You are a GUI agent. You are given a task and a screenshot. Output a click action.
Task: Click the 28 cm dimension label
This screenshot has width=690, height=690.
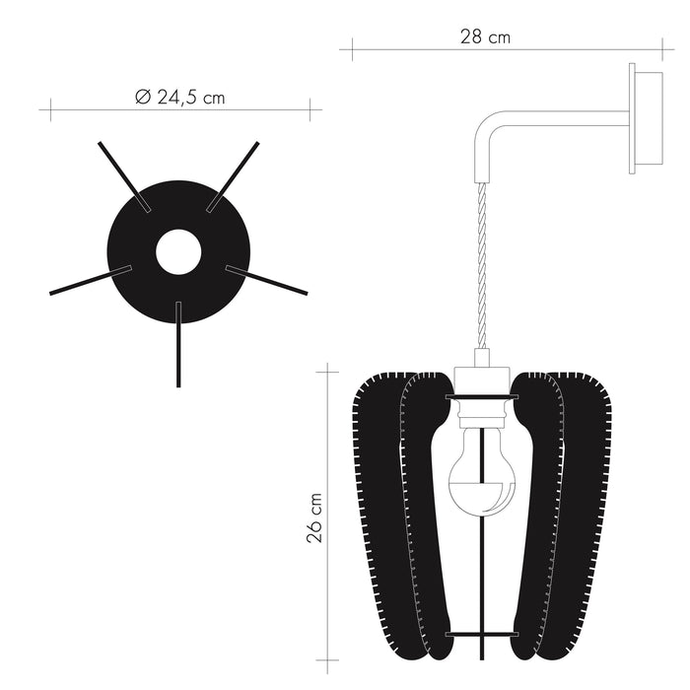(485, 37)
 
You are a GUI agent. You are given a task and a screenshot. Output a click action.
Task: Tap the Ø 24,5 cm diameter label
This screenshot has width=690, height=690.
(179, 97)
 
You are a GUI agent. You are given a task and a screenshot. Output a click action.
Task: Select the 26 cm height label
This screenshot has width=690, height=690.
(313, 518)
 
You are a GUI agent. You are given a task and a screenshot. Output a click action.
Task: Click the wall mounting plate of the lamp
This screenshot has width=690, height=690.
(646, 119)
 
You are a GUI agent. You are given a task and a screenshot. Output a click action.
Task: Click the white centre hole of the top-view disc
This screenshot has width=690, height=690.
(178, 251)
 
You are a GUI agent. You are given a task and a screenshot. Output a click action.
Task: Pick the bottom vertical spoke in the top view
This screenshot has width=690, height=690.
(178, 345)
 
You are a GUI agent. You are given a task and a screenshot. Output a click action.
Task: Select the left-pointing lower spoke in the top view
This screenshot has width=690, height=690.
(89, 280)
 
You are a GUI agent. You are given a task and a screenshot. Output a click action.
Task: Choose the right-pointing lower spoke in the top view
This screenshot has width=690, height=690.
(267, 280)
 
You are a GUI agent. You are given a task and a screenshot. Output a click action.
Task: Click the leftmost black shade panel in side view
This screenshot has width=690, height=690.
(379, 513)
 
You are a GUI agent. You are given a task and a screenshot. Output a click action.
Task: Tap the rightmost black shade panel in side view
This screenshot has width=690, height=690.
(589, 513)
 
